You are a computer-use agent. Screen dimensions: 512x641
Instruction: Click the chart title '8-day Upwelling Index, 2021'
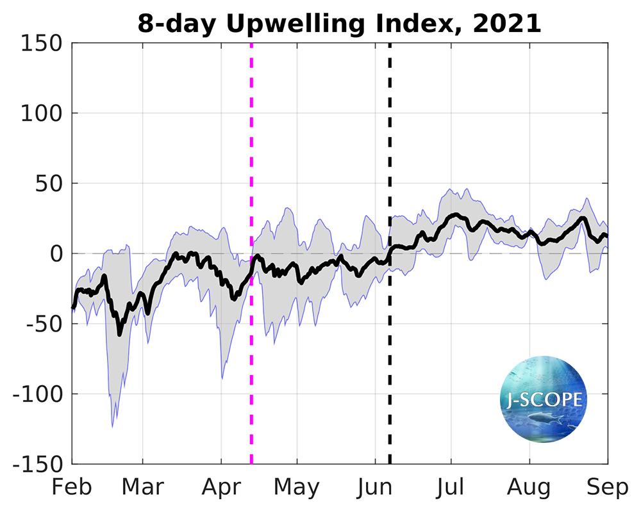click(x=339, y=24)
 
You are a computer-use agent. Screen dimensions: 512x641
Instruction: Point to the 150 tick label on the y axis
click(x=41, y=44)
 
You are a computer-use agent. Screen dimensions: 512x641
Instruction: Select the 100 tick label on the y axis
click(x=41, y=114)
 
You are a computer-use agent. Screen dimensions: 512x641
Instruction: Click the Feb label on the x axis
click(x=72, y=487)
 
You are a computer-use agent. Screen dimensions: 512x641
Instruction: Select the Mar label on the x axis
click(x=143, y=487)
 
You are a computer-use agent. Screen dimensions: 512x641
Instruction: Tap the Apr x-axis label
click(x=221, y=487)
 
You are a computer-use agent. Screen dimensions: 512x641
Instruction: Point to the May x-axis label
click(x=297, y=487)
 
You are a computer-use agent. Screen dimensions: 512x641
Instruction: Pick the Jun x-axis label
click(x=375, y=487)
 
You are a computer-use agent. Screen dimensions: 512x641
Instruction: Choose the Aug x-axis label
click(x=529, y=487)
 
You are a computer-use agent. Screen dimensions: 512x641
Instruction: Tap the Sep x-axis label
click(x=607, y=487)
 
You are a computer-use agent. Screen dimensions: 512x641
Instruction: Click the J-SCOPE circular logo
click(x=543, y=401)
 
